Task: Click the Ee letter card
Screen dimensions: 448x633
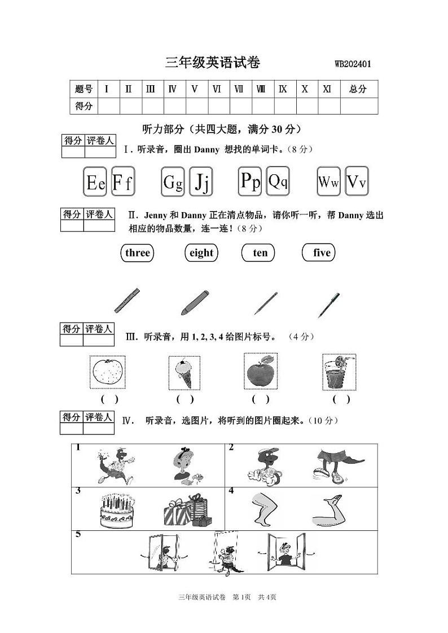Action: [96, 182]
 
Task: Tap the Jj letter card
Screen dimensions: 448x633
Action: [201, 182]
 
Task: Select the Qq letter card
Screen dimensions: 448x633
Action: [278, 181]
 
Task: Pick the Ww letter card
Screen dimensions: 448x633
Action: [328, 182]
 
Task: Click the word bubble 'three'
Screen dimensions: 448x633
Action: [137, 253]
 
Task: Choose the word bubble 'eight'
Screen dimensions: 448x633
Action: [201, 253]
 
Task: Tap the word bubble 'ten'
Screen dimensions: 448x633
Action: [260, 253]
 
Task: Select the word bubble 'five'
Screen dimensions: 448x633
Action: [322, 253]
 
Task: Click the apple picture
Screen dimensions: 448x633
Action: [260, 372]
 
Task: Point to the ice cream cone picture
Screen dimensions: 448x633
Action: [185, 373]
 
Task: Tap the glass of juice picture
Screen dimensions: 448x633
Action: [339, 372]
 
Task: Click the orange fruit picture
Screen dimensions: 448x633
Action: [107, 372]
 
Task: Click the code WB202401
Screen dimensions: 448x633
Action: [353, 64]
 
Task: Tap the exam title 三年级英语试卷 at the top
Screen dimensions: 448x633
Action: [213, 63]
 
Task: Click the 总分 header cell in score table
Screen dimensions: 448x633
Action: [358, 89]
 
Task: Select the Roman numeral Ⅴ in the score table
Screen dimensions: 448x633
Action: [195, 89]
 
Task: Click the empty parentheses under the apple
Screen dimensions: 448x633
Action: [260, 399]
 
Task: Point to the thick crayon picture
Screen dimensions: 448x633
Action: [195, 302]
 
